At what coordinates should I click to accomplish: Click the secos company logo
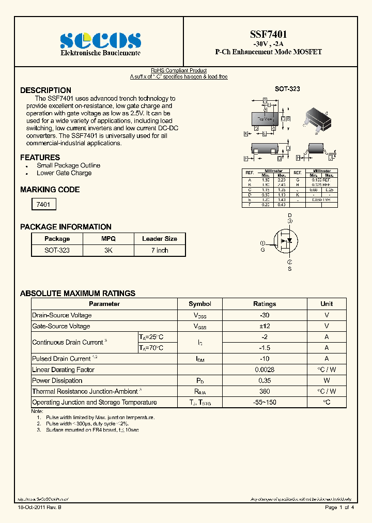[x=100, y=40]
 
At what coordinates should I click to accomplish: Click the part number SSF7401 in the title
[x=269, y=34]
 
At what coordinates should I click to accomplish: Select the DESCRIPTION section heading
[x=45, y=90]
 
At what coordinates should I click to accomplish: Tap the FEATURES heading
[x=40, y=158]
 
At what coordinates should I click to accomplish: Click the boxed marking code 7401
[x=43, y=205]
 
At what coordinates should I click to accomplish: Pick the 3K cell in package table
[x=109, y=250]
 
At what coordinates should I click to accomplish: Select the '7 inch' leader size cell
[x=160, y=250]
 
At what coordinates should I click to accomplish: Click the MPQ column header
[x=109, y=239]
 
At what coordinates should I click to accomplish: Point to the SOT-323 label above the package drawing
[x=287, y=89]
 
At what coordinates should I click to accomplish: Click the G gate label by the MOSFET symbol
[x=262, y=250]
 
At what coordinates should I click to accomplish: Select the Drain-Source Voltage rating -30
[x=265, y=315]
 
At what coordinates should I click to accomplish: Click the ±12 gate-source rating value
[x=265, y=326]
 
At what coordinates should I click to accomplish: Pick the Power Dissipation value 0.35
[x=265, y=381]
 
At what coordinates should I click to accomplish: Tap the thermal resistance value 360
[x=265, y=392]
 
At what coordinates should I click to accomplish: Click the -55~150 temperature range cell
[x=265, y=403]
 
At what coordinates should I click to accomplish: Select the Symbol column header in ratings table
[x=200, y=304]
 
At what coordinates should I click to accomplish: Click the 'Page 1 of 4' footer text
[x=339, y=507]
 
